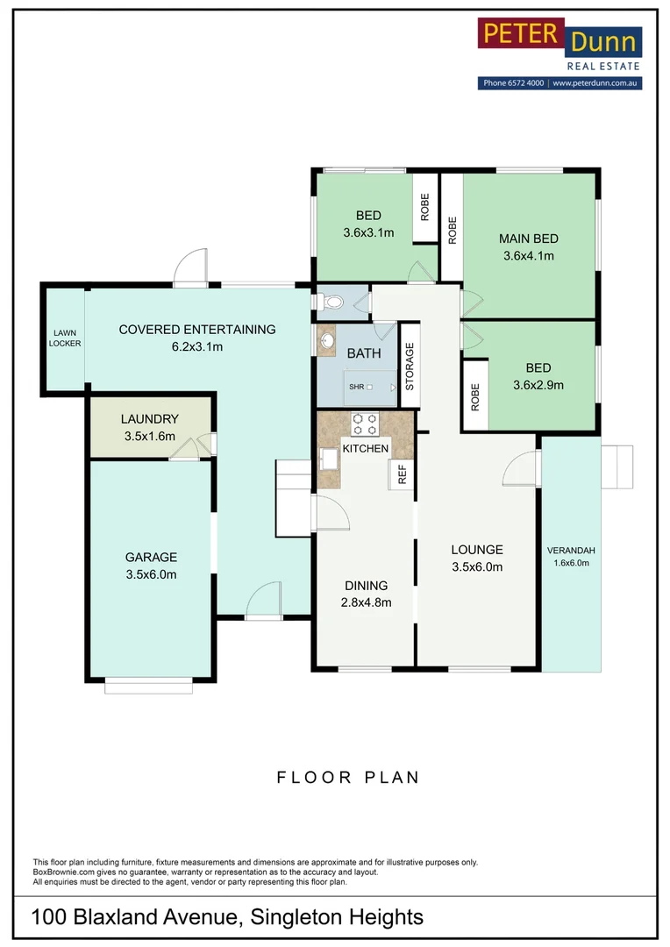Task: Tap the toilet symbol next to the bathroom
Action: (x=331, y=303)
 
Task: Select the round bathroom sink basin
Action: (x=326, y=340)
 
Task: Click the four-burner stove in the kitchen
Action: (x=365, y=424)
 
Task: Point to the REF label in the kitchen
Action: (x=403, y=475)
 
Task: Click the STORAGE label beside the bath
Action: (x=410, y=366)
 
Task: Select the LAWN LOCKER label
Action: (x=66, y=338)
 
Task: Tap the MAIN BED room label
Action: (x=528, y=239)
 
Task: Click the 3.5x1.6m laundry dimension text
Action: (x=149, y=436)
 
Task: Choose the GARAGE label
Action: (x=151, y=557)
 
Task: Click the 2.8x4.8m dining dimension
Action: (x=366, y=602)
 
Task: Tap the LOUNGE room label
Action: (x=477, y=550)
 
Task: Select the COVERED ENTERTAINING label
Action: (x=197, y=330)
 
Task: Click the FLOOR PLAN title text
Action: (x=348, y=777)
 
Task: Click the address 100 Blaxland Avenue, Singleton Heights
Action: (x=227, y=917)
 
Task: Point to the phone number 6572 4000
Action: (x=525, y=83)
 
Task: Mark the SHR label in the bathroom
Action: (x=356, y=387)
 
